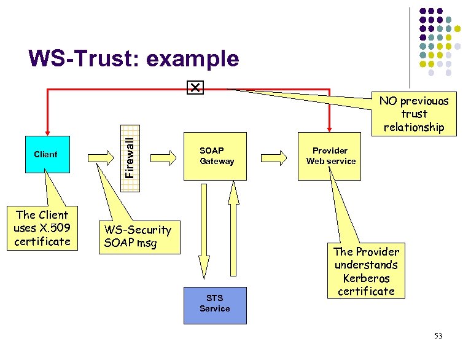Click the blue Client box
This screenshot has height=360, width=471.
pyautogui.click(x=45, y=154)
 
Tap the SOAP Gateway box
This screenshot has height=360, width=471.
pyautogui.click(x=216, y=156)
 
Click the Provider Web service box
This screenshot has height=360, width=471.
pyautogui.click(x=330, y=156)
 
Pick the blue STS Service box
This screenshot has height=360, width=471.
pyautogui.click(x=214, y=305)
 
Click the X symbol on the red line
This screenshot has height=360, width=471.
pyautogui.click(x=195, y=88)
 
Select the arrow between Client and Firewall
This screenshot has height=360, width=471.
pyautogui.click(x=99, y=157)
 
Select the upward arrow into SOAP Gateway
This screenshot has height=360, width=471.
pyautogui.click(x=232, y=233)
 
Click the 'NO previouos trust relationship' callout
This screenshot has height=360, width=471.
pyautogui.click(x=413, y=114)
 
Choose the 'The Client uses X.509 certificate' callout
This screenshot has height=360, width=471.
pyautogui.click(x=42, y=228)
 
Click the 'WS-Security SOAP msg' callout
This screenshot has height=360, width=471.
pyautogui.click(x=138, y=236)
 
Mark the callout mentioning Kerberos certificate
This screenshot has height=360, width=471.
pyautogui.click(x=366, y=271)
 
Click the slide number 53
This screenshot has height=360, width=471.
pyautogui.click(x=438, y=335)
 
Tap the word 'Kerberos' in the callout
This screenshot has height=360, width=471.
pyautogui.click(x=367, y=278)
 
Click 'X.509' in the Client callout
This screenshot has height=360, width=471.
pyautogui.click(x=57, y=228)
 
